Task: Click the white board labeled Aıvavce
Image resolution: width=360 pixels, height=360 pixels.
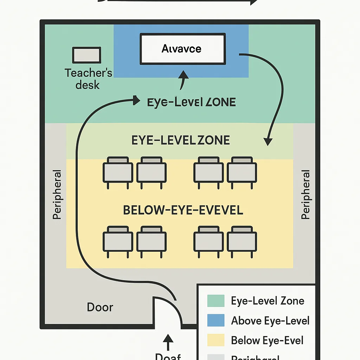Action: coord(182,49)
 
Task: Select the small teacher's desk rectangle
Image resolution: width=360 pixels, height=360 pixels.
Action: coord(86,56)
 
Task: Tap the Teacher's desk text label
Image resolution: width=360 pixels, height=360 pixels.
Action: coord(88,79)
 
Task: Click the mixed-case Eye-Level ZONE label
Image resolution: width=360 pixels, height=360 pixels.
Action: coord(191,102)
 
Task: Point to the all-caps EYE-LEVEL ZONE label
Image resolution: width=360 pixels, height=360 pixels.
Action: coord(181,140)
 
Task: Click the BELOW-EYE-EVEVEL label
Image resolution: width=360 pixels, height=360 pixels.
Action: coord(183,210)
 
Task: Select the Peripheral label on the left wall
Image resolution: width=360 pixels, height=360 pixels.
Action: coord(57,195)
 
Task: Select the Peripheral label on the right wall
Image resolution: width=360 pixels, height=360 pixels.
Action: coord(306,195)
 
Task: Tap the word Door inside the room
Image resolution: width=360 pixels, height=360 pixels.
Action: coord(100,307)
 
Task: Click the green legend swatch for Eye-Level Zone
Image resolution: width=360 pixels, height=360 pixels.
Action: coord(216,301)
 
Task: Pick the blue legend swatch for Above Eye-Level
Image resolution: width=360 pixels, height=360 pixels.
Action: coord(216,321)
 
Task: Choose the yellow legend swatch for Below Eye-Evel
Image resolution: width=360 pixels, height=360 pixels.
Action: coord(216,340)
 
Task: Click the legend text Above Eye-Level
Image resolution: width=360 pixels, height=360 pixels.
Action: coord(270,321)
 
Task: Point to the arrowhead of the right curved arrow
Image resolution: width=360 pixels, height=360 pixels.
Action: coord(268,141)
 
